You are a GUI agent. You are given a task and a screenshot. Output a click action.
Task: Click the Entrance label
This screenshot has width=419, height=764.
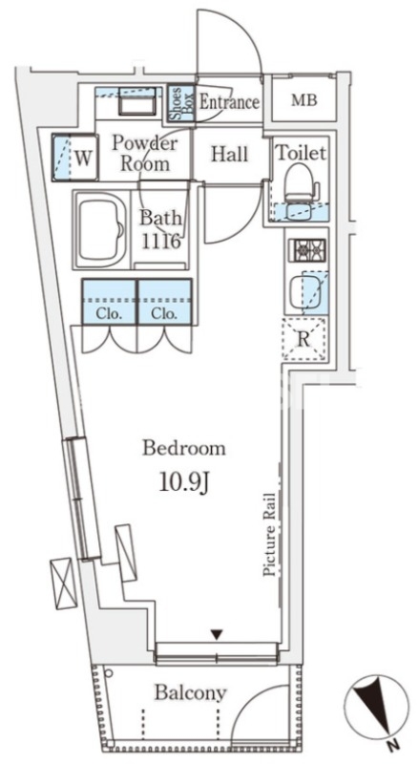click(x=229, y=102)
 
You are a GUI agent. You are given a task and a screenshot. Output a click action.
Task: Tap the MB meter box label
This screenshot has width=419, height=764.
click(x=304, y=100)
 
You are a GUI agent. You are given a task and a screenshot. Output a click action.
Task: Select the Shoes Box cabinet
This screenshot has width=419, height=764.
click(x=181, y=103)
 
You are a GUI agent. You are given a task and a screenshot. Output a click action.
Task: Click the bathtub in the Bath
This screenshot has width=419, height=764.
click(x=101, y=230)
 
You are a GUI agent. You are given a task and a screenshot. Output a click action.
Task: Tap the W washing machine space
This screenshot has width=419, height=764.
click(x=75, y=158)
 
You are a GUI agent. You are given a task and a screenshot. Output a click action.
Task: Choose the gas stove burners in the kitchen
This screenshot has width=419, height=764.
click(x=308, y=250)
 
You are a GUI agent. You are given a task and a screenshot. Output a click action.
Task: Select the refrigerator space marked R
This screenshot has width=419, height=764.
click(x=304, y=339)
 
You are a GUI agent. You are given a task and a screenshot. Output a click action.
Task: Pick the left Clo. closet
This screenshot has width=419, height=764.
click(x=109, y=302)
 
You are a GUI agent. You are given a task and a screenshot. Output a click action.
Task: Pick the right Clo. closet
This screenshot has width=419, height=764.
click(x=165, y=302)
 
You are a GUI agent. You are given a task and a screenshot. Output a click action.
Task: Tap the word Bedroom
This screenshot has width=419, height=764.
click(x=183, y=448)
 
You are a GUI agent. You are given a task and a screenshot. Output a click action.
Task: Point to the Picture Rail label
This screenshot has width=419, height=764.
click(x=269, y=535)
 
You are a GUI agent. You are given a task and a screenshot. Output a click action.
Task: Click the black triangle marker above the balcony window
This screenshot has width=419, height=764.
click(x=217, y=634)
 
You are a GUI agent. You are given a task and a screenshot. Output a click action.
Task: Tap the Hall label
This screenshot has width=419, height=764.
click(x=229, y=155)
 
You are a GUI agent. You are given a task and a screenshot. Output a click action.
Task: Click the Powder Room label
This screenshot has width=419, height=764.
click(x=145, y=153)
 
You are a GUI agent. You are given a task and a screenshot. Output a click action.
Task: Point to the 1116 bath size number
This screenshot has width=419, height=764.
click(x=160, y=240)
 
